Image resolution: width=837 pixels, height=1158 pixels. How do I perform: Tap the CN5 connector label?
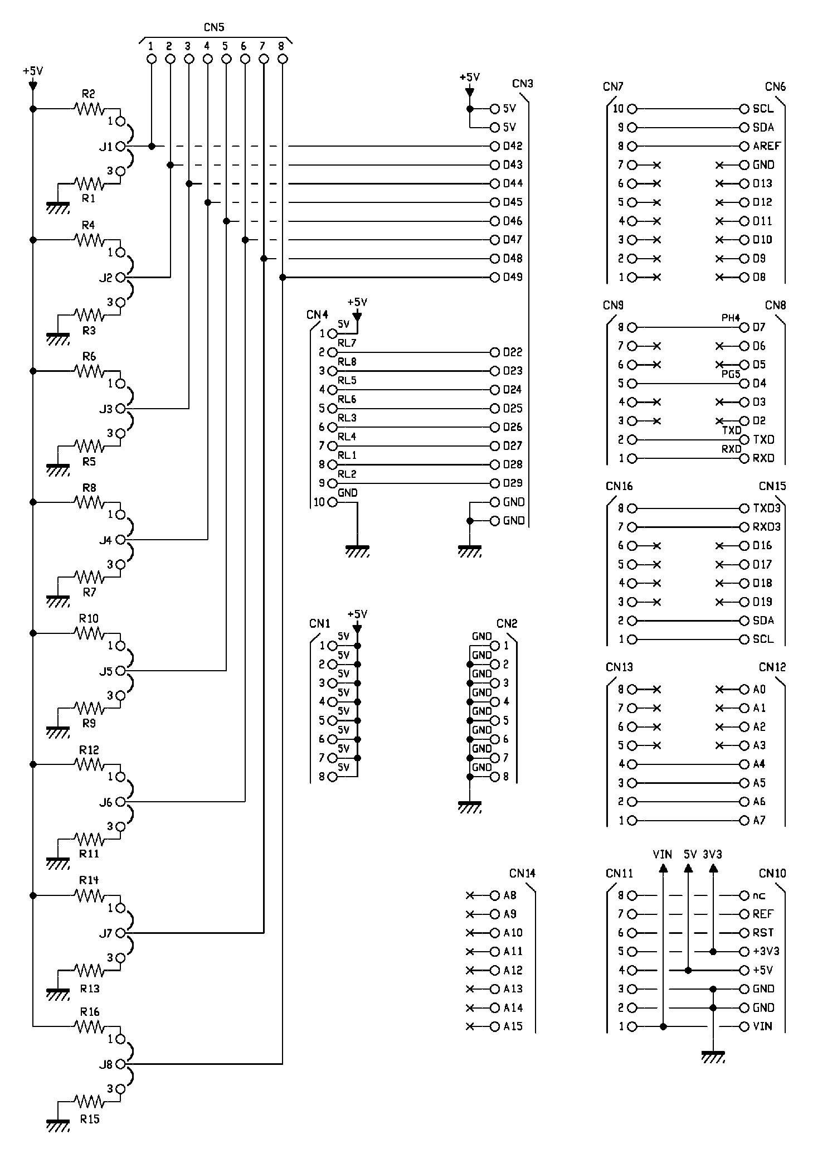[x=215, y=27]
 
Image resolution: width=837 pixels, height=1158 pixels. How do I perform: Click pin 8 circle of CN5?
[x=283, y=59]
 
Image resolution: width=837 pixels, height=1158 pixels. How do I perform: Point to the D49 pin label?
[x=513, y=277]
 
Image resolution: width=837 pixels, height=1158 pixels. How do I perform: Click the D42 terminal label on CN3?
[x=513, y=146]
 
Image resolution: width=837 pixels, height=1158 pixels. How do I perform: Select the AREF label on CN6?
[x=767, y=146]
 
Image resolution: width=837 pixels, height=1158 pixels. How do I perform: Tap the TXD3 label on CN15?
[x=767, y=508]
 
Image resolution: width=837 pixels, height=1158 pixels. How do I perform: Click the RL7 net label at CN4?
[x=347, y=343]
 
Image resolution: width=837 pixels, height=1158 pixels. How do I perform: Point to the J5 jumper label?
[x=106, y=671]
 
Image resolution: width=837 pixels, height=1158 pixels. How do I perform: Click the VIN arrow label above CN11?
[x=663, y=854]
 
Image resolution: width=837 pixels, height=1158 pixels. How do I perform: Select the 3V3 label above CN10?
[x=713, y=854]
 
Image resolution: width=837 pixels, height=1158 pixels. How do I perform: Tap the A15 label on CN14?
[x=513, y=1026]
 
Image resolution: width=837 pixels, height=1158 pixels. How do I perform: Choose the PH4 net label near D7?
[x=731, y=318]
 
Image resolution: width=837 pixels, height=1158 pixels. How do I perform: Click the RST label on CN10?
[x=763, y=933]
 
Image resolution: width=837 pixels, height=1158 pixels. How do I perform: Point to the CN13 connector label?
[x=619, y=667]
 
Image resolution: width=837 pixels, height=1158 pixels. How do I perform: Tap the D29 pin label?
[x=513, y=483]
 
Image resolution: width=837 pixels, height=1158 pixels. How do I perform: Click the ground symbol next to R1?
[x=58, y=207]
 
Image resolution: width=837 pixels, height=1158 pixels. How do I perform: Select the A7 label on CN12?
[x=760, y=821]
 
